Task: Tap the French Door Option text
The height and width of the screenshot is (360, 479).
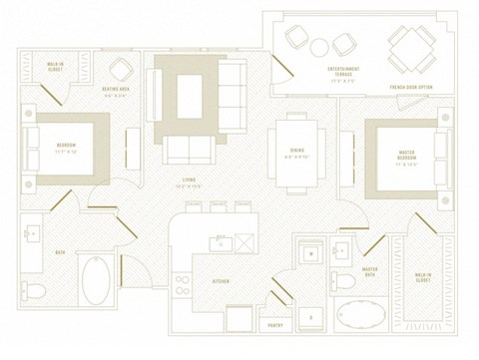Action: pos(410,88)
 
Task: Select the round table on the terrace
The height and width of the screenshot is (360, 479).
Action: pos(319,46)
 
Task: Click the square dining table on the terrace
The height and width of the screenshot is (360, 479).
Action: pos(410,44)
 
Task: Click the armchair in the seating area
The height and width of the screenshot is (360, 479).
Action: pos(122,69)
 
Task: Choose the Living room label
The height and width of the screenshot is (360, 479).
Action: pos(181,185)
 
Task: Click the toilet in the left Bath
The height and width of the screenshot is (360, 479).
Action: pos(34,291)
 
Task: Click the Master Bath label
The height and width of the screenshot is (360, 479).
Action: pos(370,271)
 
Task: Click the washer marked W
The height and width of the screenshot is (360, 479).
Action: pos(311,256)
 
